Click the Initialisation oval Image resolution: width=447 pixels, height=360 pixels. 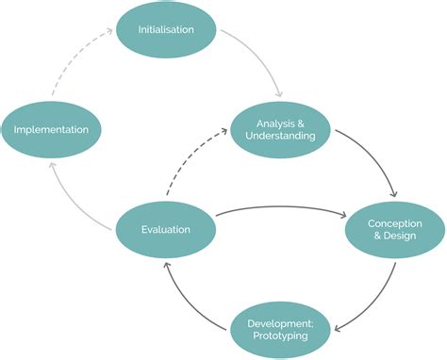166,29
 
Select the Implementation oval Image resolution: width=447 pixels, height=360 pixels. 50,129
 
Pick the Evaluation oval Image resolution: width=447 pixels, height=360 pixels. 166,229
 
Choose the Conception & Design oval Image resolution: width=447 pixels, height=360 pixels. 394,229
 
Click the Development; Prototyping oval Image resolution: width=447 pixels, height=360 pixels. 280,329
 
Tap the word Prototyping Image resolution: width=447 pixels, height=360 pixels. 280,336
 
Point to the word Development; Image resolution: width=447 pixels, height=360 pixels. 280,322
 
